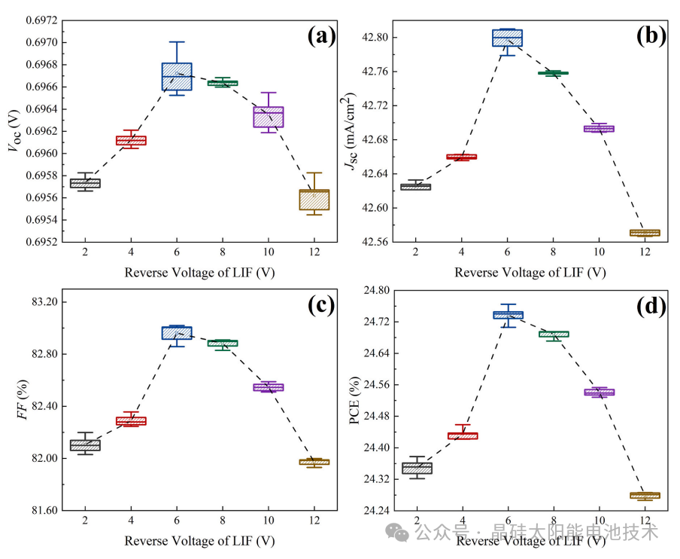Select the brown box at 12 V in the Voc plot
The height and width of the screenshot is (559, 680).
pyautogui.click(x=314, y=200)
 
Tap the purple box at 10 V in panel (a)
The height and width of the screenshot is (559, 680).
pyautogui.click(x=268, y=117)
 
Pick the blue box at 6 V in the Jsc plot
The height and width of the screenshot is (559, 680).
pyautogui.click(x=507, y=38)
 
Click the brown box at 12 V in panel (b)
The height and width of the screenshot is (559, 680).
pyautogui.click(x=645, y=233)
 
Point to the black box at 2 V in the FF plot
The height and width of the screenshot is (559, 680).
pyautogui.click(x=85, y=445)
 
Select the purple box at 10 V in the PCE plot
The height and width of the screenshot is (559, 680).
pyautogui.click(x=600, y=392)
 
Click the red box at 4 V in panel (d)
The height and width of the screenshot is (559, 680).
pyautogui.click(x=463, y=435)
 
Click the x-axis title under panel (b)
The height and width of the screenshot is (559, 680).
pyautogui.click(x=530, y=272)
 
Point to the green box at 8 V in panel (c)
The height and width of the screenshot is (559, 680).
pyautogui.click(x=223, y=343)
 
